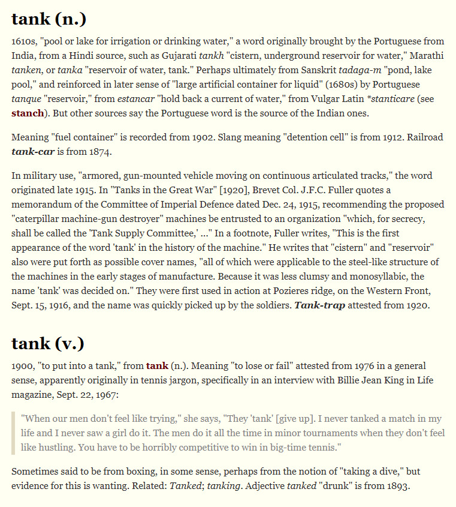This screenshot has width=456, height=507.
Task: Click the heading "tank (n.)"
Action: point(49,19)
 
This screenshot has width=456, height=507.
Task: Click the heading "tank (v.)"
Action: point(48,343)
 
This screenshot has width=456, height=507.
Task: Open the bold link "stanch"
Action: point(28,113)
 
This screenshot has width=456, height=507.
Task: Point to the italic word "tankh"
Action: point(211,56)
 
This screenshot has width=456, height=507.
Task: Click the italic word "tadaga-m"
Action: point(358,70)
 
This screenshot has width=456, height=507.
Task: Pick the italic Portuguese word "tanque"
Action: point(26,99)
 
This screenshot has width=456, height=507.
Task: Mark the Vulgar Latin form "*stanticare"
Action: point(386,99)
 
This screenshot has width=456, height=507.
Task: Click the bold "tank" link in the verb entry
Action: point(157,365)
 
